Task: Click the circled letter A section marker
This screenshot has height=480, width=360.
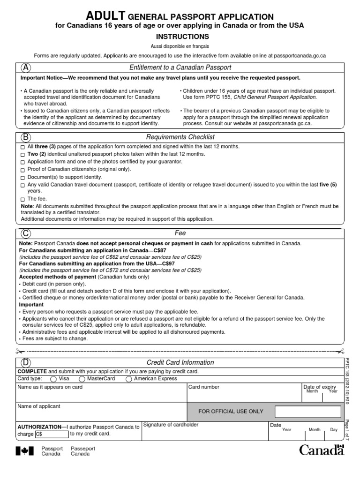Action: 25,67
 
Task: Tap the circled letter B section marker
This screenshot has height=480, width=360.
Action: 25,136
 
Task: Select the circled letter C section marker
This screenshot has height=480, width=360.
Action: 25,233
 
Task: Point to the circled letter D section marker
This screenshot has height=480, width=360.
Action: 25,362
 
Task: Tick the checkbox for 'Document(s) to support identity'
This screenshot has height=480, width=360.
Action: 23,178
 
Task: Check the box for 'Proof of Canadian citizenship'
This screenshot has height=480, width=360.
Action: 23,170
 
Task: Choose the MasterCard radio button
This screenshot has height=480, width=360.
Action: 82,379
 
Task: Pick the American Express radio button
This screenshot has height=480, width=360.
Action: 128,379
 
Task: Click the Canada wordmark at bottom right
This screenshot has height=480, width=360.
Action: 322,451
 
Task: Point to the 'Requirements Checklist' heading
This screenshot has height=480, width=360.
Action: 180,137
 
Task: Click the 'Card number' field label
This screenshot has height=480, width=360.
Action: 203,387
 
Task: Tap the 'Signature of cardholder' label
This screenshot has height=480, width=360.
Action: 171,425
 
